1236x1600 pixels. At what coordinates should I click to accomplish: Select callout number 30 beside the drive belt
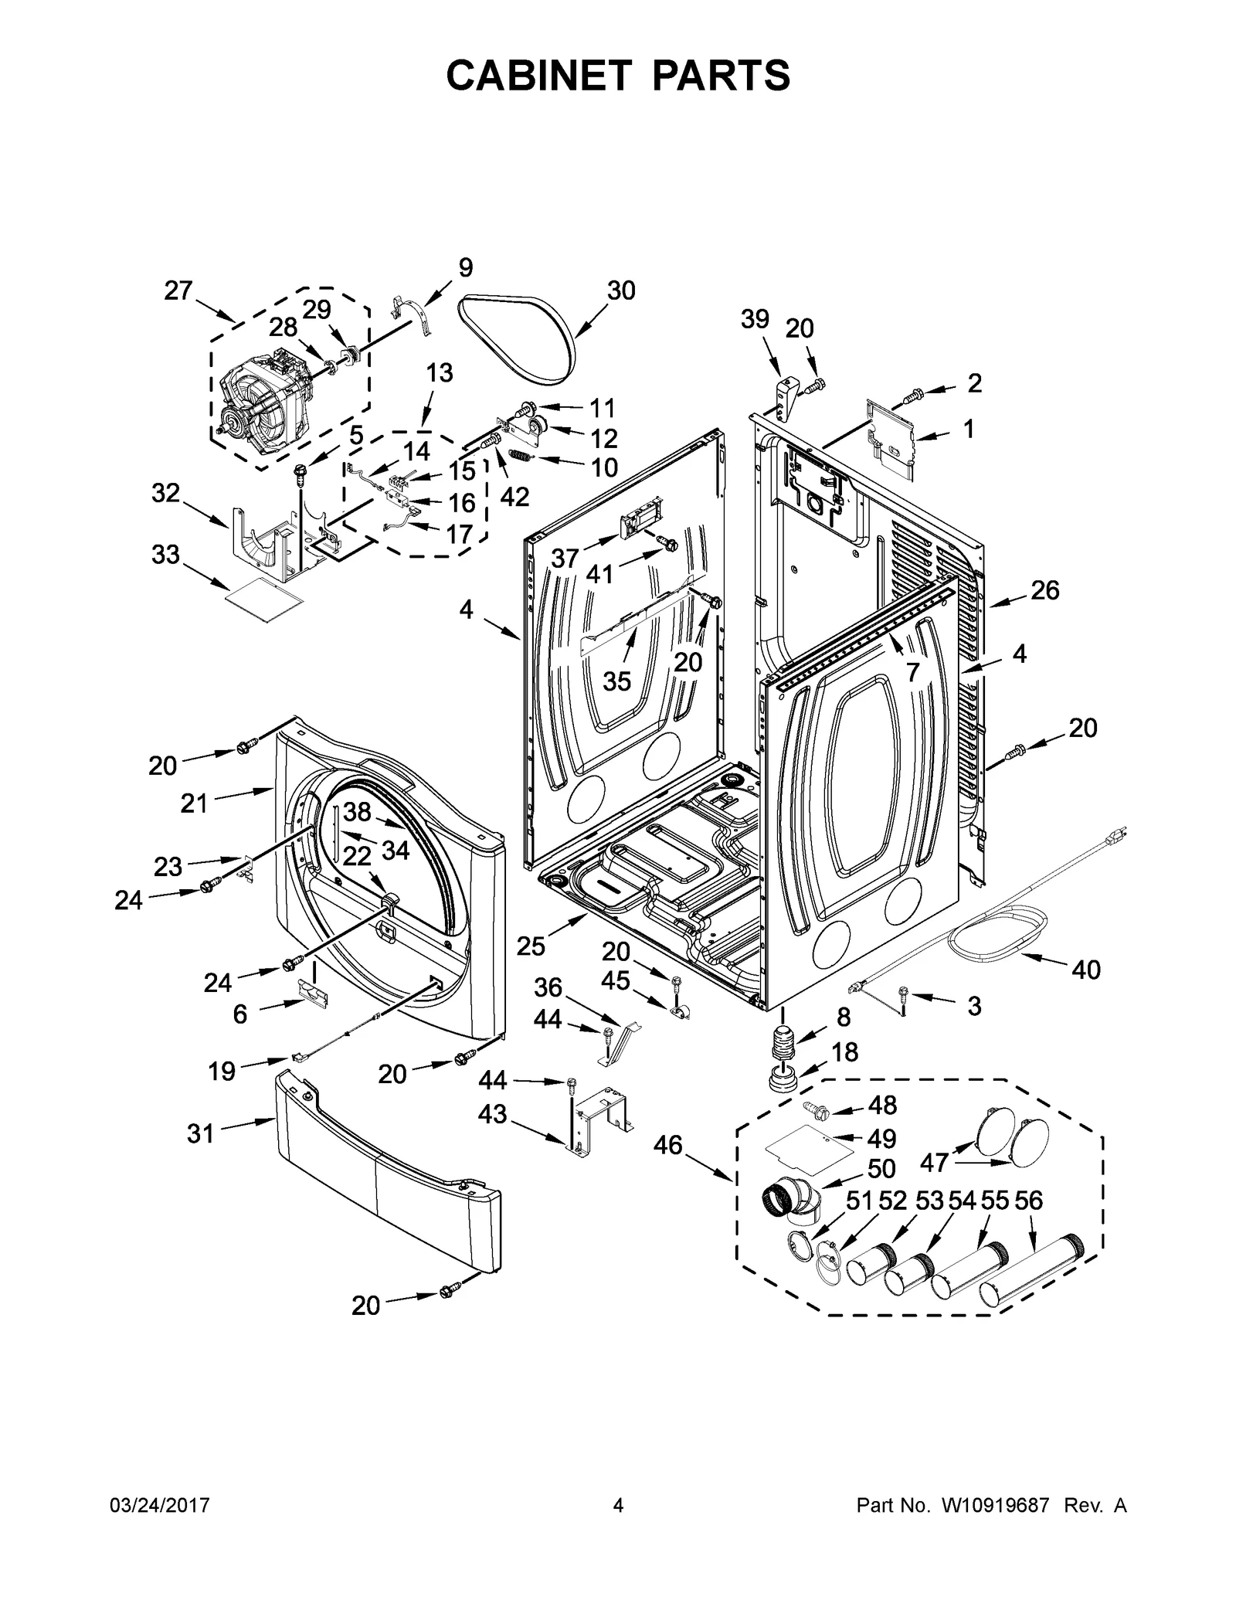tap(620, 290)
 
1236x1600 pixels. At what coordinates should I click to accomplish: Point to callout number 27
tap(178, 290)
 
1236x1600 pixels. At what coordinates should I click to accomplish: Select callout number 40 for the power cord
tap(1085, 969)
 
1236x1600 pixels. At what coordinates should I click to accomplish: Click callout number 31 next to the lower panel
tap(200, 1133)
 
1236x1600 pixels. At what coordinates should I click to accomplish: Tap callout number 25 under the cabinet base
tap(531, 946)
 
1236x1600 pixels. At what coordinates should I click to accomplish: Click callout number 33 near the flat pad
tap(165, 554)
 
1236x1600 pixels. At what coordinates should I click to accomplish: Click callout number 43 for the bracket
tap(492, 1114)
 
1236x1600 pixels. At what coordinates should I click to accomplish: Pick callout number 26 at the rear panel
tap(1044, 590)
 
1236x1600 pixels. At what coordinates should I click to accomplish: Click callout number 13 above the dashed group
tap(439, 372)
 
